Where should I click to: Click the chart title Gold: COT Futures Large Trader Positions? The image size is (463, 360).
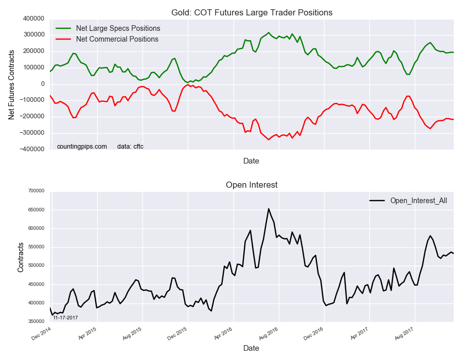pyautogui.click(x=251, y=12)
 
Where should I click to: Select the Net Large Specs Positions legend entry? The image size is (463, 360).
pyautogui.click(x=117, y=28)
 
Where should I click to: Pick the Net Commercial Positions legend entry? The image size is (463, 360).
pyautogui.click(x=117, y=39)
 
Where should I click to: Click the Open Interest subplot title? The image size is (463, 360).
pyautogui.click(x=252, y=185)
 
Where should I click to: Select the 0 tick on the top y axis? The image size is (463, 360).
pyautogui.click(x=42, y=84)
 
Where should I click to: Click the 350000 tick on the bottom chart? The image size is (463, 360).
pyautogui.click(x=35, y=321)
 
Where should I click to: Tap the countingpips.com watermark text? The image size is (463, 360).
pyautogui.click(x=82, y=147)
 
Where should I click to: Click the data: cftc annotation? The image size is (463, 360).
pyautogui.click(x=130, y=147)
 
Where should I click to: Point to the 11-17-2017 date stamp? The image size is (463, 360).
pyautogui.click(x=65, y=318)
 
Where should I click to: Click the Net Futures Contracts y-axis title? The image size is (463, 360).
pyautogui.click(x=11, y=84)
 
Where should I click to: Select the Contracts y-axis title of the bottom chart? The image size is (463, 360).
pyautogui.click(x=21, y=256)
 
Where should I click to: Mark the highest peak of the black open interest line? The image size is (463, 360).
pyautogui.click(x=269, y=209)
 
